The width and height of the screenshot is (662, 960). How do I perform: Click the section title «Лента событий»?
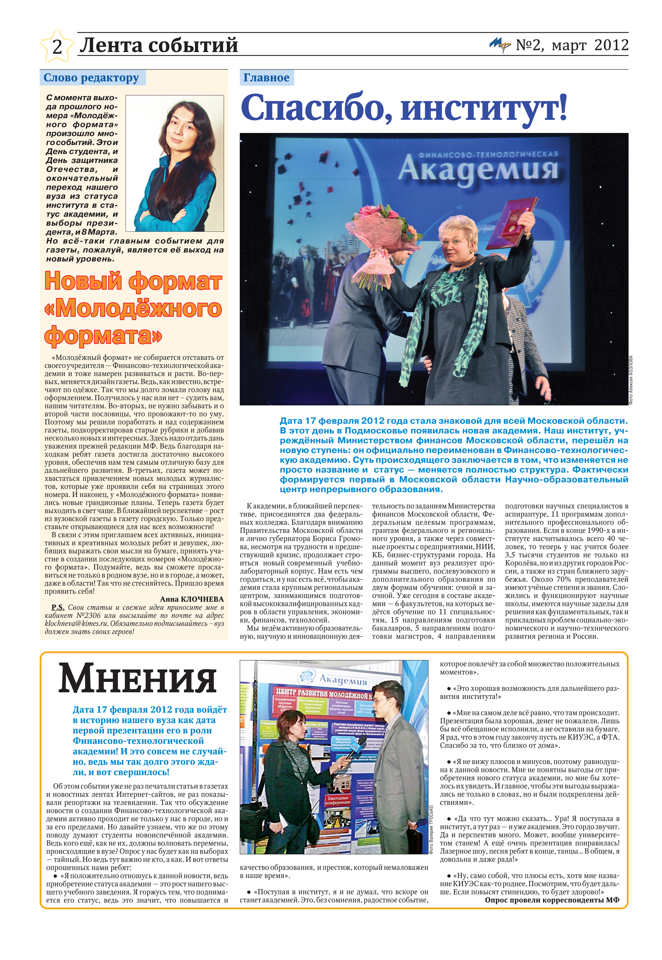159,45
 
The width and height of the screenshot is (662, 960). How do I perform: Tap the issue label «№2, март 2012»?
572,45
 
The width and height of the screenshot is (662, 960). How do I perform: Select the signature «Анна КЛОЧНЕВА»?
192,599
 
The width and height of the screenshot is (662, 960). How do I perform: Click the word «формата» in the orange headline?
103,336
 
